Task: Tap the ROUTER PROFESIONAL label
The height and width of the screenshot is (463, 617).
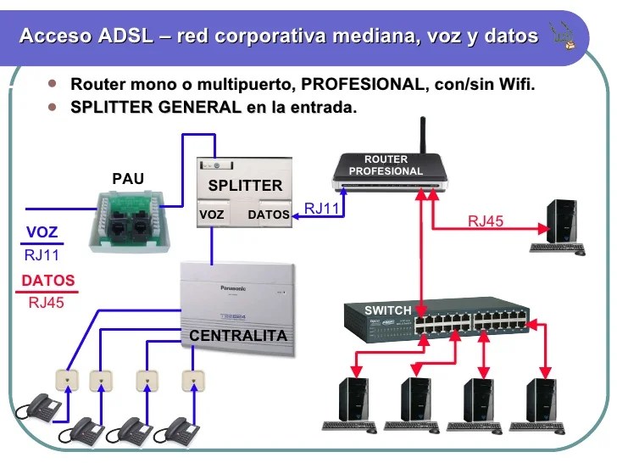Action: (386, 165)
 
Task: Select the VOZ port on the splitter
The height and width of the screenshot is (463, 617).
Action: (212, 215)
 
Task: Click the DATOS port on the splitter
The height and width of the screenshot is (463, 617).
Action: (268, 215)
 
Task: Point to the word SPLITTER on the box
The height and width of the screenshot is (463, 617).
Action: (245, 186)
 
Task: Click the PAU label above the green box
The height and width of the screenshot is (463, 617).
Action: (128, 179)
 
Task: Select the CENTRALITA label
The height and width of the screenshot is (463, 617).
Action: (238, 336)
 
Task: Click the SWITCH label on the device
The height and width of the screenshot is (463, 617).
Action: (387, 310)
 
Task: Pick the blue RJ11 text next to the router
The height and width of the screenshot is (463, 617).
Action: (322, 208)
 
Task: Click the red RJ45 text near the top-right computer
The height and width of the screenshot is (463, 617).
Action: (486, 221)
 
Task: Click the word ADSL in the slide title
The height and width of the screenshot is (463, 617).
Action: (125, 36)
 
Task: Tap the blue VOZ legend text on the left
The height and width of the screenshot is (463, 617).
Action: (42, 232)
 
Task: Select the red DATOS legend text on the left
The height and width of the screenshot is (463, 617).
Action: (47, 281)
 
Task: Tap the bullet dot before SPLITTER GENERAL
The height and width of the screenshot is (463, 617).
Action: (53, 108)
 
